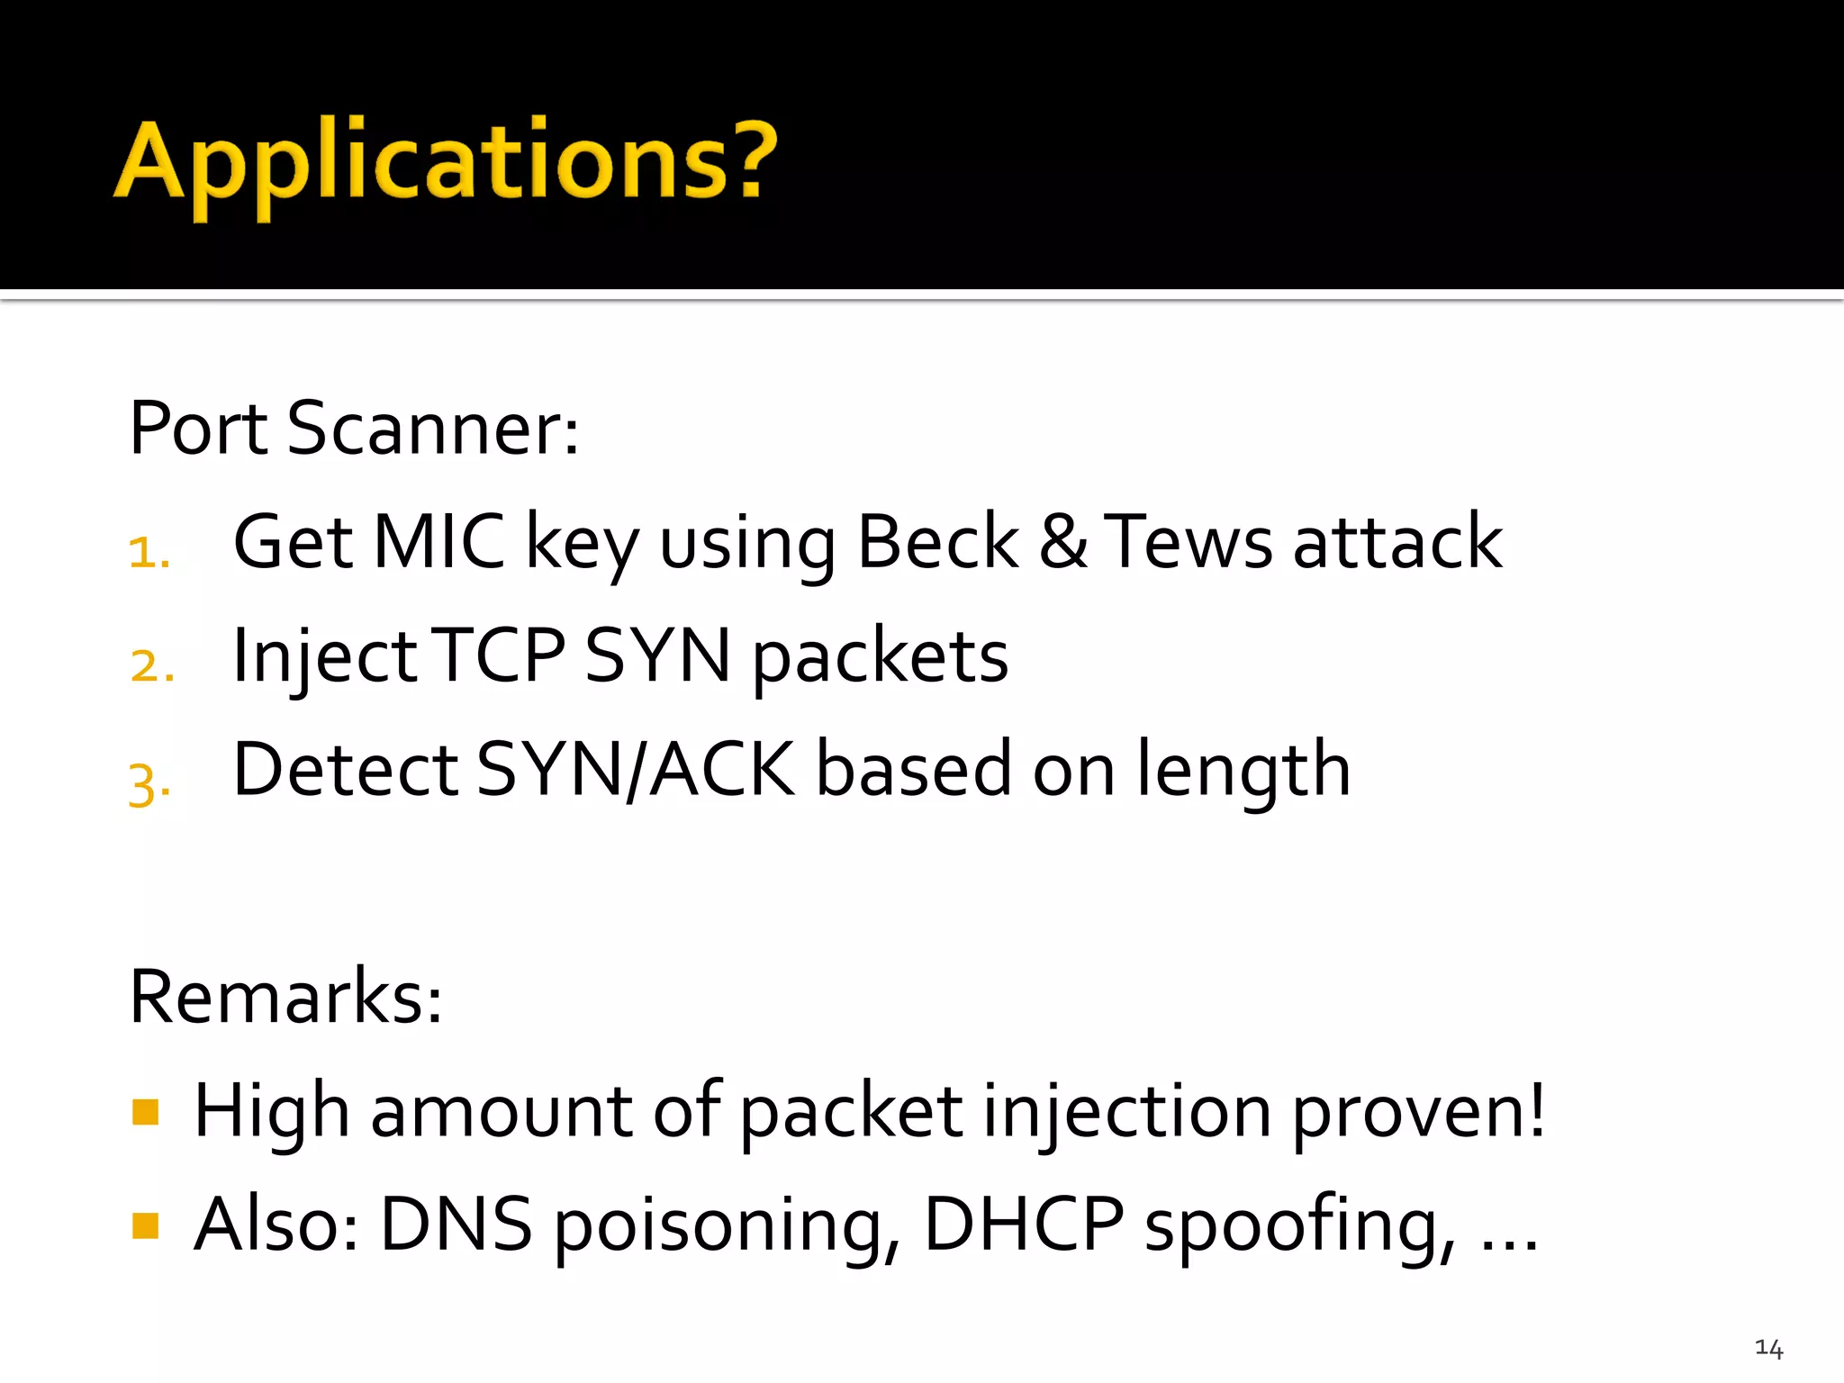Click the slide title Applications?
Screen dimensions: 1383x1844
(x=446, y=162)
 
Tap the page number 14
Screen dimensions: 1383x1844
(x=1768, y=1348)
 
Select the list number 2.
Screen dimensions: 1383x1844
(x=151, y=665)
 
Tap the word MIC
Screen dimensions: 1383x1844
(x=438, y=542)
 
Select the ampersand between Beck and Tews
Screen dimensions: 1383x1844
(x=1063, y=542)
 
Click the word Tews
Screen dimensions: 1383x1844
(x=1189, y=542)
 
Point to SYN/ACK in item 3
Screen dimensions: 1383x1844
(x=635, y=770)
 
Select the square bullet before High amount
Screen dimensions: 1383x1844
(x=145, y=1112)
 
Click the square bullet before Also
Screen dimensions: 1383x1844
(x=145, y=1225)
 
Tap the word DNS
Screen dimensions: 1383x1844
(x=456, y=1225)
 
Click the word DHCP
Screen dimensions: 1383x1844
(x=1024, y=1225)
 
